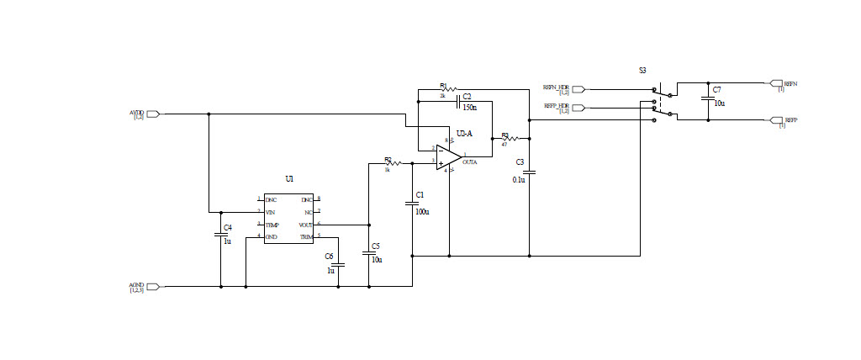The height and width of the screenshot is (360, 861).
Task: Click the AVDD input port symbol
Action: click(153, 114)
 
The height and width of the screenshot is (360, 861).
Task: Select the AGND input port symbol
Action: click(153, 287)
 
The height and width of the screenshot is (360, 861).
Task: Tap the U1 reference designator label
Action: click(289, 179)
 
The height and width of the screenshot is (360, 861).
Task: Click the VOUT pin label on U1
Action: click(306, 225)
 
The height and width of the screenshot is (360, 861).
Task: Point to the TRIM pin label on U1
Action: click(306, 237)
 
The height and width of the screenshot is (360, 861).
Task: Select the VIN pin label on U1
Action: click(271, 212)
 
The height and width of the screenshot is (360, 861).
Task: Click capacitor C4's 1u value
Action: click(227, 241)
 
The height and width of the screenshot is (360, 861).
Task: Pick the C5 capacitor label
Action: click(376, 246)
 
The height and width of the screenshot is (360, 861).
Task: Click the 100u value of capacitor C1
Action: click(422, 211)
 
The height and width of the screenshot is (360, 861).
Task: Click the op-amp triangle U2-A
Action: click(447, 157)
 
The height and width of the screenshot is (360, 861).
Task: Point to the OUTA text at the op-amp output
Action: click(469, 161)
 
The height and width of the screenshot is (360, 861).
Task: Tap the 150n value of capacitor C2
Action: click(469, 108)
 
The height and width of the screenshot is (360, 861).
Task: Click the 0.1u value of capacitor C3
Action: click(519, 179)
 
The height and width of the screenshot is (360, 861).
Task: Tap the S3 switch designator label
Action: click(642, 71)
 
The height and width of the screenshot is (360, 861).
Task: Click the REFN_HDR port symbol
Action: click(578, 88)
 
